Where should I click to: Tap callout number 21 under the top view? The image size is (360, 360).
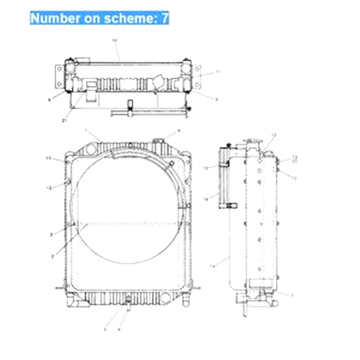tap(64, 120)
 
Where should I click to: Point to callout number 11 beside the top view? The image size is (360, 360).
tap(217, 71)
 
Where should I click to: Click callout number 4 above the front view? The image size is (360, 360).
tap(179, 130)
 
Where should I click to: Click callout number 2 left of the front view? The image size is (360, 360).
tap(53, 256)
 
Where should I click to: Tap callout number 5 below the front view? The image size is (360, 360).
tap(105, 329)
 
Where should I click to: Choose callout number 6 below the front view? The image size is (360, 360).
tap(119, 329)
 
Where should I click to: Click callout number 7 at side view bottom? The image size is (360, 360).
tap(292, 296)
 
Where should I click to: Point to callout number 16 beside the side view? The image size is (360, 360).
tap(206, 198)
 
